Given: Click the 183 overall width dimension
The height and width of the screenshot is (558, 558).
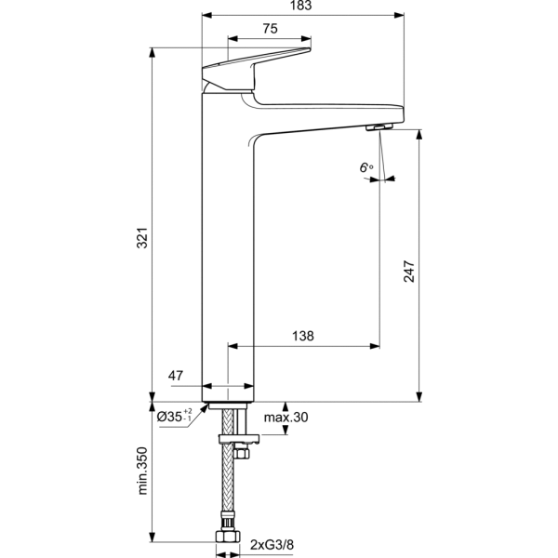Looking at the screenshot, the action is click(x=300, y=6).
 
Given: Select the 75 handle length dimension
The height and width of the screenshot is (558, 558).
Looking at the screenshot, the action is click(x=270, y=29).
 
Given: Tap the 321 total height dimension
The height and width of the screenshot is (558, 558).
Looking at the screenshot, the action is click(x=142, y=238).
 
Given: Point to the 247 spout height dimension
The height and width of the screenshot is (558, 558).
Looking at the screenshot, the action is click(x=409, y=272).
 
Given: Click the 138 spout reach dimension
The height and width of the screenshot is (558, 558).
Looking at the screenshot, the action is click(x=303, y=336).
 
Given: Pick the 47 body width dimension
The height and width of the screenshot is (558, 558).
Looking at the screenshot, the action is click(x=176, y=376).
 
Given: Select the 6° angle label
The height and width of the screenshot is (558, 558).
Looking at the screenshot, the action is click(x=366, y=166).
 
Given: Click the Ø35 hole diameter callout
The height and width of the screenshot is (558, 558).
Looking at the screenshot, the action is click(x=175, y=416).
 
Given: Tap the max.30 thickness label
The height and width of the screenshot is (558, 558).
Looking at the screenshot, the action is click(x=286, y=417).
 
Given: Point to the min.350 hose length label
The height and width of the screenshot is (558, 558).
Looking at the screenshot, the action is click(x=142, y=471).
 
